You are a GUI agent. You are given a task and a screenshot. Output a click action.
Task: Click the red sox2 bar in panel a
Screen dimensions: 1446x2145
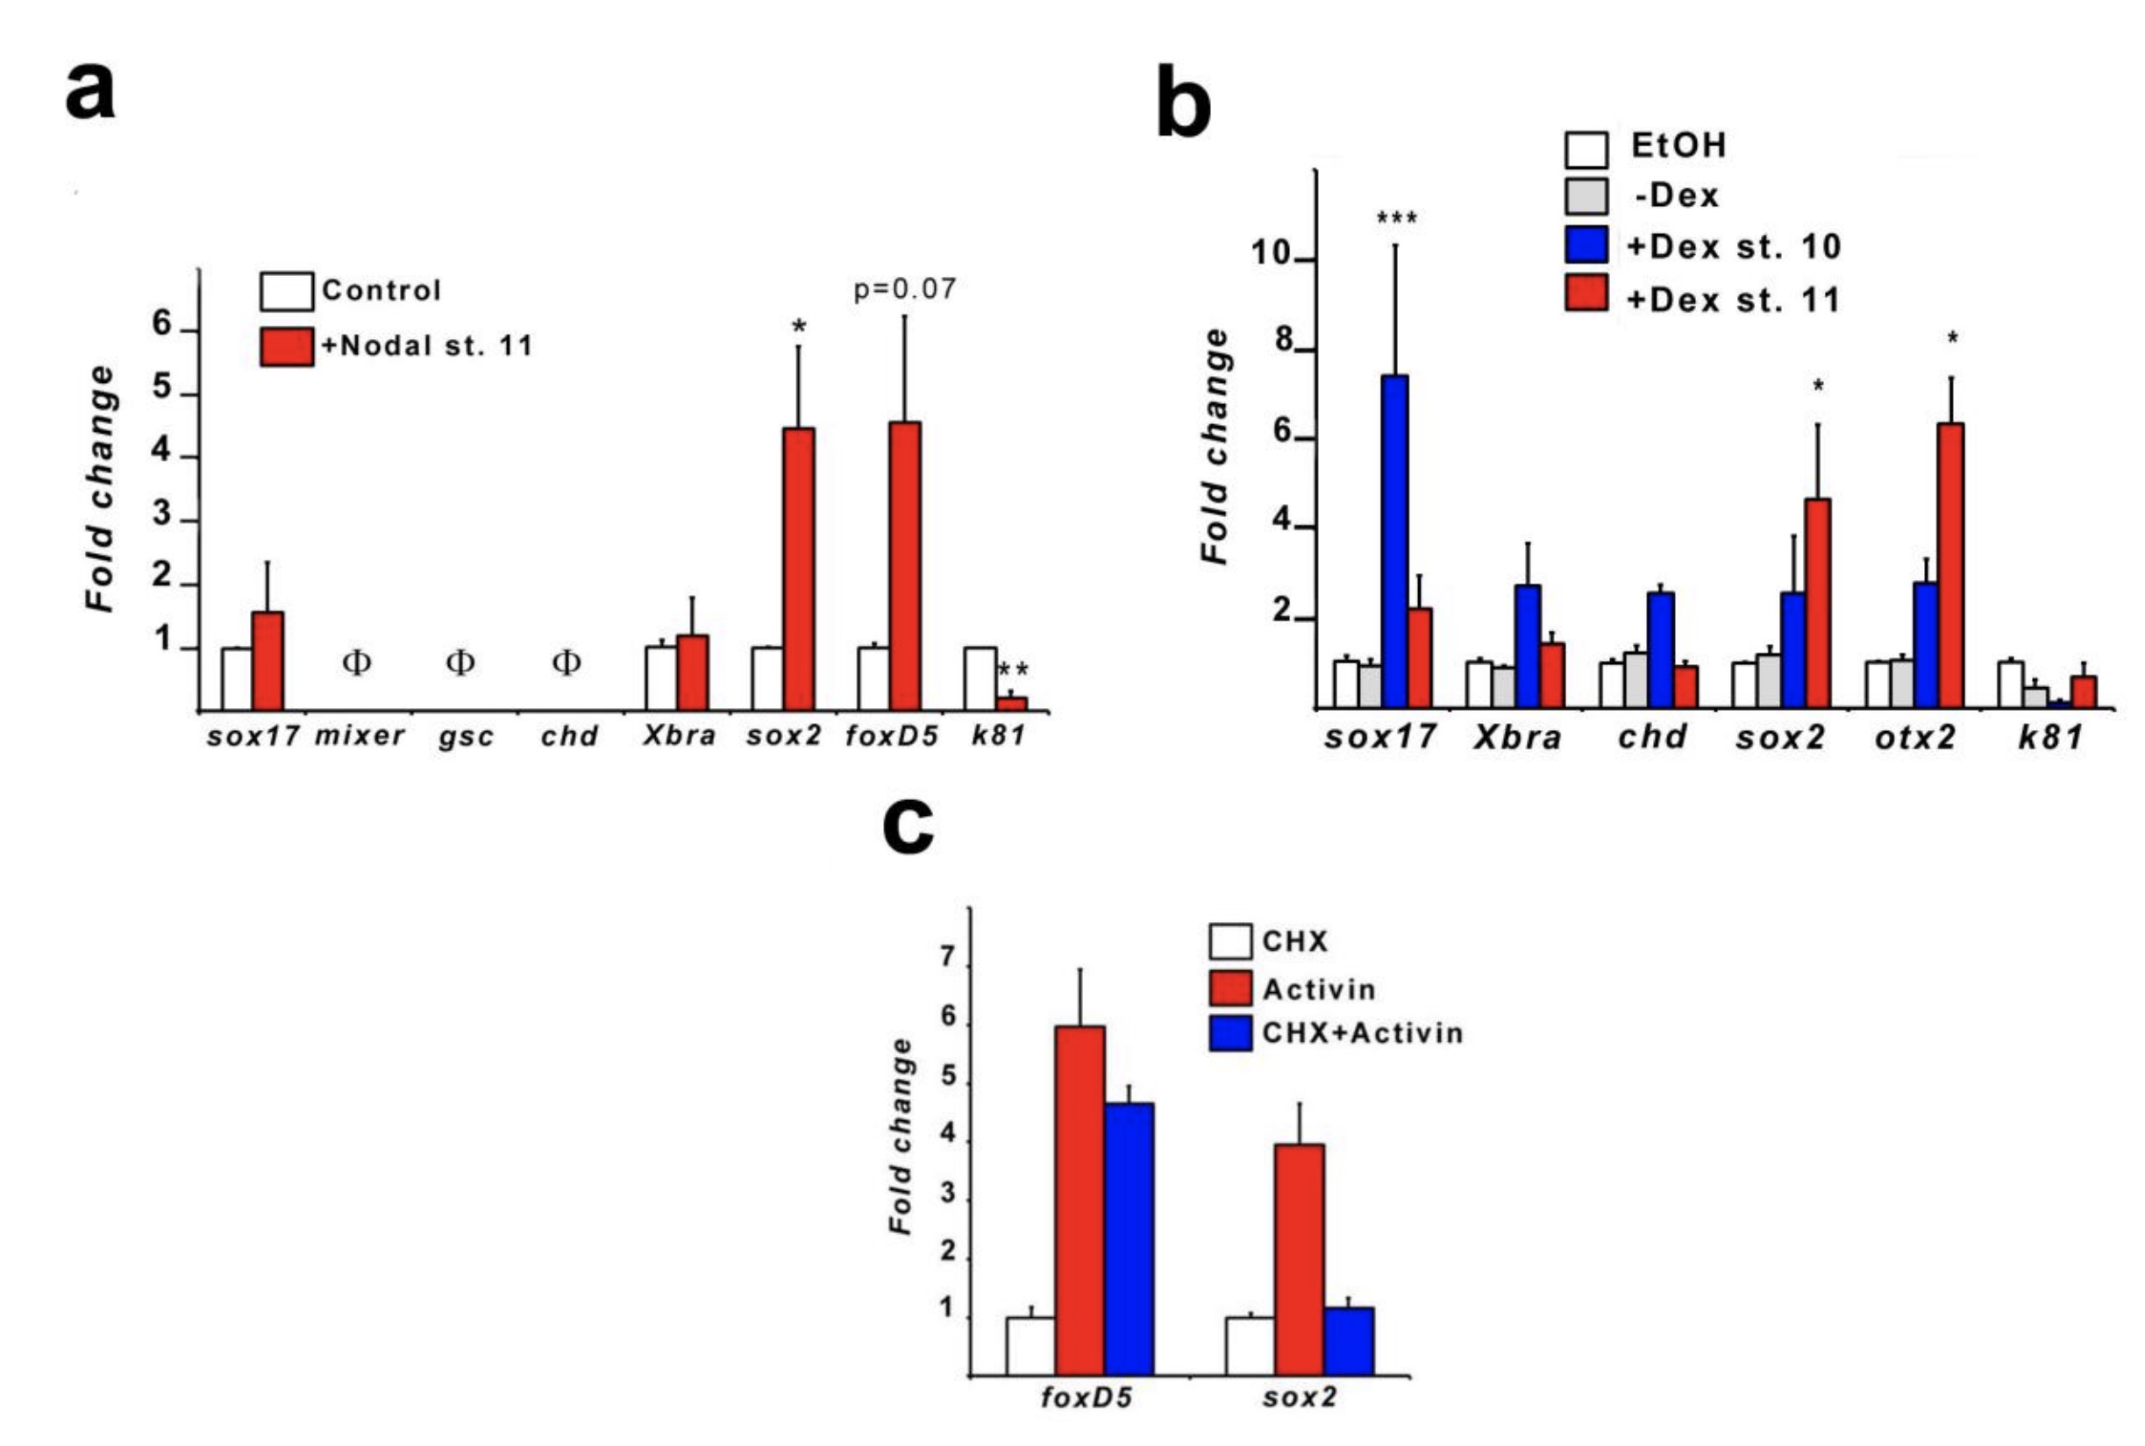798,569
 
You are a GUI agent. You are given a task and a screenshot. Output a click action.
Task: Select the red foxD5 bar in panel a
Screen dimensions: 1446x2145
904,566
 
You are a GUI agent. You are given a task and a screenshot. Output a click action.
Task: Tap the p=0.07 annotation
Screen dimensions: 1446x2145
904,289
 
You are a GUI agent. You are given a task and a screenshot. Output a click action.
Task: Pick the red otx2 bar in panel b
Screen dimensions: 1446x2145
1950,565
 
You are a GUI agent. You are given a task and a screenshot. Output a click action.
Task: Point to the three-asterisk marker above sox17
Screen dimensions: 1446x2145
1396,219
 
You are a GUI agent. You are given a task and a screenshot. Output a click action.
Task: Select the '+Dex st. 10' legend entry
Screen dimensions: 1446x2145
1702,246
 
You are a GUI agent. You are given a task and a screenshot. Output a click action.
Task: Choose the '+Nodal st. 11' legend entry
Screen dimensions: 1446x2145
396,346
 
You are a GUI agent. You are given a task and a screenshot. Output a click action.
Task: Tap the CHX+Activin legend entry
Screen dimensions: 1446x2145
1336,1033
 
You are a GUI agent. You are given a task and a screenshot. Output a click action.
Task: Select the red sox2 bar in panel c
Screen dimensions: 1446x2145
1299,1259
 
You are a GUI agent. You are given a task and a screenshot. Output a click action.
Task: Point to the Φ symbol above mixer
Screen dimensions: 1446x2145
356,663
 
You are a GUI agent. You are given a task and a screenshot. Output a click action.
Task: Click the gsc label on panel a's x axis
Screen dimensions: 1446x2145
466,737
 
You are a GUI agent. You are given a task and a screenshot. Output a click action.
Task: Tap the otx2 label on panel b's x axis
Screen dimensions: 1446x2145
1915,738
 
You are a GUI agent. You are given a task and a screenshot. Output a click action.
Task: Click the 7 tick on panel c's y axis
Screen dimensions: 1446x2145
947,959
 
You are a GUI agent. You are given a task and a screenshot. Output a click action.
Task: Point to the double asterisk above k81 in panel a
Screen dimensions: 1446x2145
1012,670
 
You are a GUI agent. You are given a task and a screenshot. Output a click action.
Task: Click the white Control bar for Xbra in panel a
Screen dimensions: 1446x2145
660,677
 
